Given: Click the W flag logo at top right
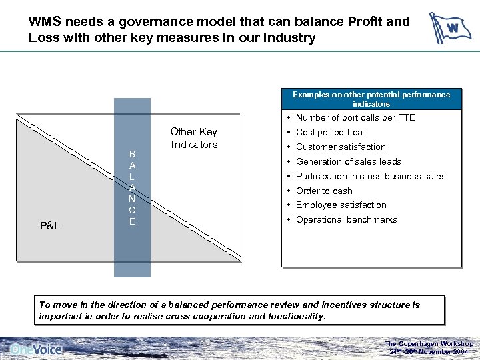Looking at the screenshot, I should (x=450, y=28).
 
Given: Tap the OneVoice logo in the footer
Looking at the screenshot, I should (x=37, y=349).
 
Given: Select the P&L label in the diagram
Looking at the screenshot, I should (x=49, y=226).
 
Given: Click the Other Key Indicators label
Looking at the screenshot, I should (x=193, y=138).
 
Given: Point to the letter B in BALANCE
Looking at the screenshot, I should (x=132, y=154).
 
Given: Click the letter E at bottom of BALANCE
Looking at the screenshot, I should (x=132, y=221).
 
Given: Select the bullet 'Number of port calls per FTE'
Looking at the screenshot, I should (x=355, y=118).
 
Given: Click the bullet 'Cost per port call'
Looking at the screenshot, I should (x=331, y=133).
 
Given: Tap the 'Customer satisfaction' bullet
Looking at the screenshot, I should (x=341, y=147).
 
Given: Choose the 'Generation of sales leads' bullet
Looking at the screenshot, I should (x=348, y=161).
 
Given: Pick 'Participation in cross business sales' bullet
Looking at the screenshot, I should (x=371, y=176).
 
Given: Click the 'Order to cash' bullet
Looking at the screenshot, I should (x=324, y=191).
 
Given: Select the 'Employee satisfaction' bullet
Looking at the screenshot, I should (x=341, y=205).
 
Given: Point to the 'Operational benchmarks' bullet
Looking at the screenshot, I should (x=346, y=219).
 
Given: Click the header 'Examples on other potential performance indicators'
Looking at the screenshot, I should (x=371, y=99).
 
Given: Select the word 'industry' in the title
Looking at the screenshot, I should (x=287, y=37).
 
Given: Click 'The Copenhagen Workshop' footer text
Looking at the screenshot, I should (x=429, y=344).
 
